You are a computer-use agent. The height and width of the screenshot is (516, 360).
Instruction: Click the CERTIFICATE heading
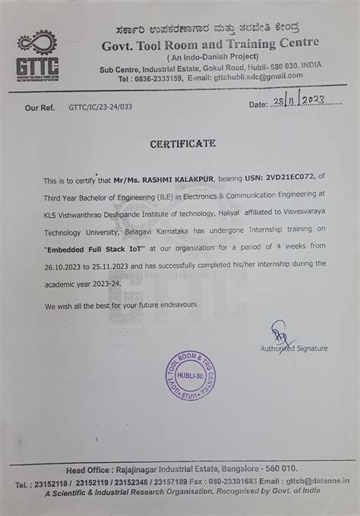182,143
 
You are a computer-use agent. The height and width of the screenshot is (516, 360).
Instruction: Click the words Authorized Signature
294,348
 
